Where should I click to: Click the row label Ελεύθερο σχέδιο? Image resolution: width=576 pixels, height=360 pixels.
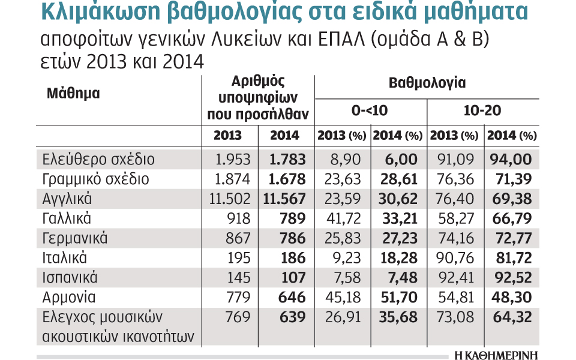(99, 160)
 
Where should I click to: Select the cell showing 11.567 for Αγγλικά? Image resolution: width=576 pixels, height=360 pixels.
(284, 199)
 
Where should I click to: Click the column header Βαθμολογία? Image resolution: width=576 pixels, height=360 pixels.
(427, 83)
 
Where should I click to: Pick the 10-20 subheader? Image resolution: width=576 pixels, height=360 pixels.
(482, 110)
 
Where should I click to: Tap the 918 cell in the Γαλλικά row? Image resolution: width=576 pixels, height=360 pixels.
(230, 218)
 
